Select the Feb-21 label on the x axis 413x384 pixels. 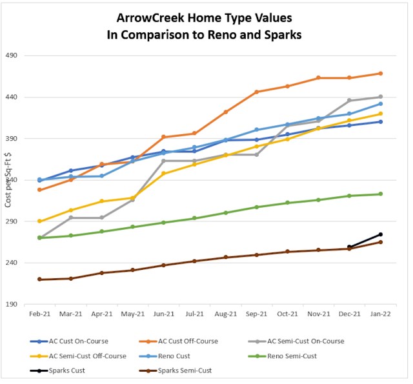click(x=39, y=314)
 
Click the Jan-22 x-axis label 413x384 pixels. click(x=380, y=314)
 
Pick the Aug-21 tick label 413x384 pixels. click(x=225, y=314)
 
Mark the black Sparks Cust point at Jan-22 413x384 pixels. click(x=380, y=234)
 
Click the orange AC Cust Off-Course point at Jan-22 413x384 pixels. click(x=380, y=74)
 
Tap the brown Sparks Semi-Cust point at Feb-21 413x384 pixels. click(x=39, y=279)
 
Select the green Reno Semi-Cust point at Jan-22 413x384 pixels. click(x=380, y=194)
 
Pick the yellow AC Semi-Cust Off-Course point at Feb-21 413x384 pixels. click(x=39, y=221)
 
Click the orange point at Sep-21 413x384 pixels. click(x=256, y=92)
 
